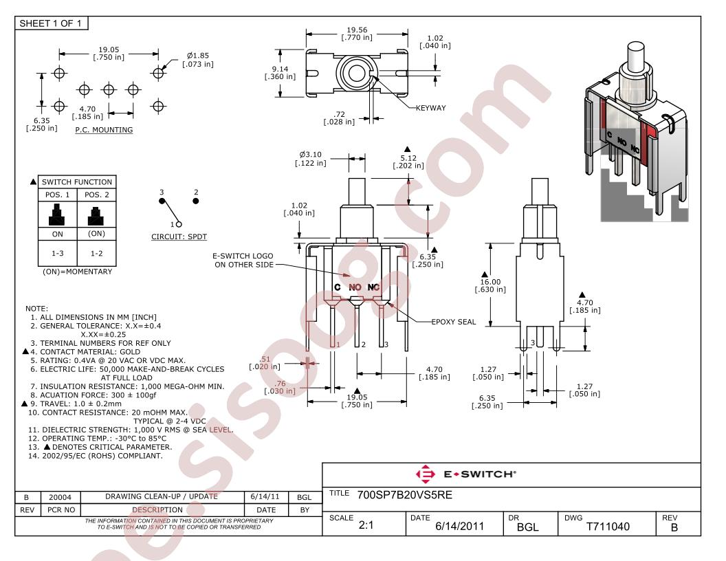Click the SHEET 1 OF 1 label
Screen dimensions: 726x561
pyautogui.click(x=50, y=23)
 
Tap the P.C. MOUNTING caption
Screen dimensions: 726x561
pyautogui.click(x=104, y=130)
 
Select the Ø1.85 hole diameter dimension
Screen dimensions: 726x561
pyautogui.click(x=198, y=60)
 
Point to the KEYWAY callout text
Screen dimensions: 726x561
pyautogui.click(x=430, y=108)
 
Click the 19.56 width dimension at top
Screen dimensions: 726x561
pyautogui.click(x=357, y=33)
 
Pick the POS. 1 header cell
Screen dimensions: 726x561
pyautogui.click(x=58, y=195)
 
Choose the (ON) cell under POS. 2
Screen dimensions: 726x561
pyautogui.click(x=96, y=234)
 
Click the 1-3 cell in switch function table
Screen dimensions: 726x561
pyautogui.click(x=58, y=253)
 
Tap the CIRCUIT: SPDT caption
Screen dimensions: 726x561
pyautogui.click(x=179, y=236)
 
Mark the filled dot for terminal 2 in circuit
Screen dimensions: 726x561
pyautogui.click(x=196, y=201)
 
